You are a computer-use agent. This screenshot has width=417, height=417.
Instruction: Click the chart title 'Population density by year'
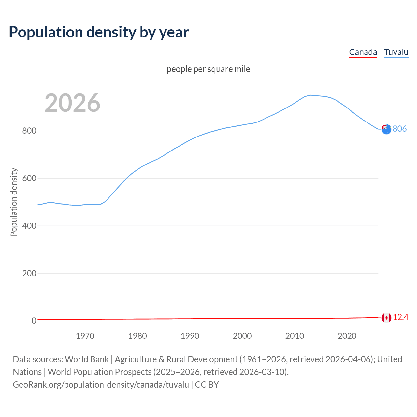99,32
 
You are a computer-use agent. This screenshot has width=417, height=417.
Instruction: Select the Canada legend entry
363,52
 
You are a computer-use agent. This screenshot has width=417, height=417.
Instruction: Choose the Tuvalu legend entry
396,52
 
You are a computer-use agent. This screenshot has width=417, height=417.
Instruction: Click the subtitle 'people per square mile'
208,69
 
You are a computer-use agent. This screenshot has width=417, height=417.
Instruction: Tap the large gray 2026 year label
72,103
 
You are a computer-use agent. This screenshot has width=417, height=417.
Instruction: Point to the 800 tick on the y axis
29,131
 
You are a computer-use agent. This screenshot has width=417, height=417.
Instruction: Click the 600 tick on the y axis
29,179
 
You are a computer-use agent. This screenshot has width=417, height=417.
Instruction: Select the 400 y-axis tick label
29,226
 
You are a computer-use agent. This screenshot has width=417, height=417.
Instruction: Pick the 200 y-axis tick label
29,273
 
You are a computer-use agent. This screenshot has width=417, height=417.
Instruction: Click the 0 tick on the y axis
34,321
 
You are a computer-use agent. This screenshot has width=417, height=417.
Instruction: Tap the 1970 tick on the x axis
85,336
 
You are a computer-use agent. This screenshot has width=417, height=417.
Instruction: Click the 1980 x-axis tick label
137,336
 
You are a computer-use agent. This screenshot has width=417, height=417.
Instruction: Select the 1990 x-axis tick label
190,336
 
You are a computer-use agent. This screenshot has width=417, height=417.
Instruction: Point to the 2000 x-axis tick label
242,336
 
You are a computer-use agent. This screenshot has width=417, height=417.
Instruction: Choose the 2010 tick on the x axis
295,336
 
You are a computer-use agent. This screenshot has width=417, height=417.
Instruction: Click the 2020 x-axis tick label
347,336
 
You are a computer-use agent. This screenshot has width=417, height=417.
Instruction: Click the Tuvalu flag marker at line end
386,129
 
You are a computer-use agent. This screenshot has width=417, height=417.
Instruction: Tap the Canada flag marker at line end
386,318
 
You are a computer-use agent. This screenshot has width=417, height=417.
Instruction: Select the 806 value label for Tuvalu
400,129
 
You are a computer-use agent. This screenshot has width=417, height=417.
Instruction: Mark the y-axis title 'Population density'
14,202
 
